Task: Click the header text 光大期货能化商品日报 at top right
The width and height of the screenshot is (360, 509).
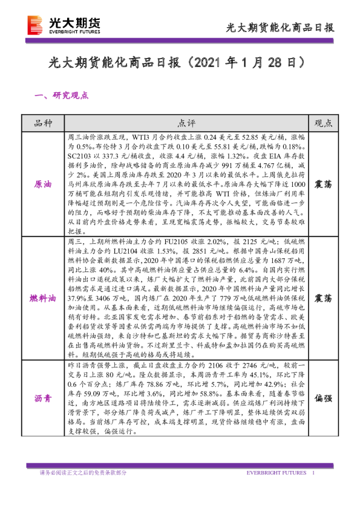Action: point(280,28)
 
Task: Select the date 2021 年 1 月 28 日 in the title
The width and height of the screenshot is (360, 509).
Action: point(249,63)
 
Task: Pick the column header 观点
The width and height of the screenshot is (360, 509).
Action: point(324,123)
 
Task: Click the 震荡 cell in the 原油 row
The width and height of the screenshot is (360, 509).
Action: point(324,184)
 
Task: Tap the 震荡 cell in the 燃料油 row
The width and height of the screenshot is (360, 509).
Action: point(324,299)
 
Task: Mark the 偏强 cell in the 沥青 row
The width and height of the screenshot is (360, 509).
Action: point(324,398)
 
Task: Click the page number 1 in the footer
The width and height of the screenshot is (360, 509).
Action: point(313,472)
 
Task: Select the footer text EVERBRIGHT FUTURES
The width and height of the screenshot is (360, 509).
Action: point(278,472)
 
